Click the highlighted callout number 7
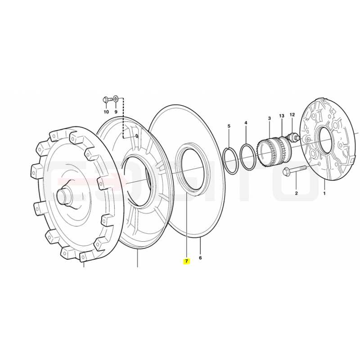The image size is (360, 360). [186, 261]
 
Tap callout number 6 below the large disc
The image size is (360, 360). [200, 258]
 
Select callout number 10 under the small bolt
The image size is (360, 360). [106, 112]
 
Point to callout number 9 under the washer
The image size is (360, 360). [116, 112]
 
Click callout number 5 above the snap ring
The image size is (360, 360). [229, 126]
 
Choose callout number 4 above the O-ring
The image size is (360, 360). [246, 123]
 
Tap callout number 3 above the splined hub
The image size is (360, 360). [269, 118]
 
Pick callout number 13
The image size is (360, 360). [282, 116]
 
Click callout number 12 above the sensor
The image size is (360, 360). [292, 114]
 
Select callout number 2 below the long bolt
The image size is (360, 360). [296, 193]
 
